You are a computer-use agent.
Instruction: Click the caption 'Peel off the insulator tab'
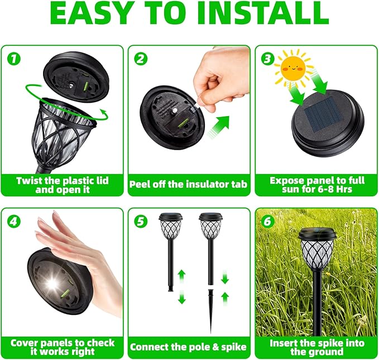tap(189, 184)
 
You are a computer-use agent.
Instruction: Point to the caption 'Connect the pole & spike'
tap(189, 347)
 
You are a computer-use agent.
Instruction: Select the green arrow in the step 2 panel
tap(220, 126)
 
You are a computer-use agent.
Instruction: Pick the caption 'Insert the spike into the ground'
tap(316, 347)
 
